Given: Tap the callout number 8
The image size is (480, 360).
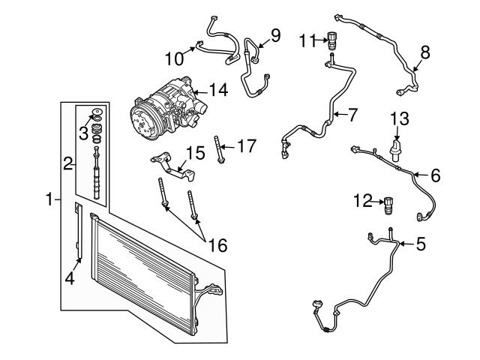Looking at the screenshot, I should coord(425,52).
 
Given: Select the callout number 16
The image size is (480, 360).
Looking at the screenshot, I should coord(217,244).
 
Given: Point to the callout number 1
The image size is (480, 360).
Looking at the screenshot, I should coord(49,199).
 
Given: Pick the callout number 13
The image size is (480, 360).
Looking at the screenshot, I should coord(400,117).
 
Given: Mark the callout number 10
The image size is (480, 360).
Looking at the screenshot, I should coord(174,58).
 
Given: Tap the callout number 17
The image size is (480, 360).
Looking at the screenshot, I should coord(246,145).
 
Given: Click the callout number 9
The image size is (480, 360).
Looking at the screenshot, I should coord(275,34).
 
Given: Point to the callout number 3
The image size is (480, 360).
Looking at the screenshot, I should coord(82,133).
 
